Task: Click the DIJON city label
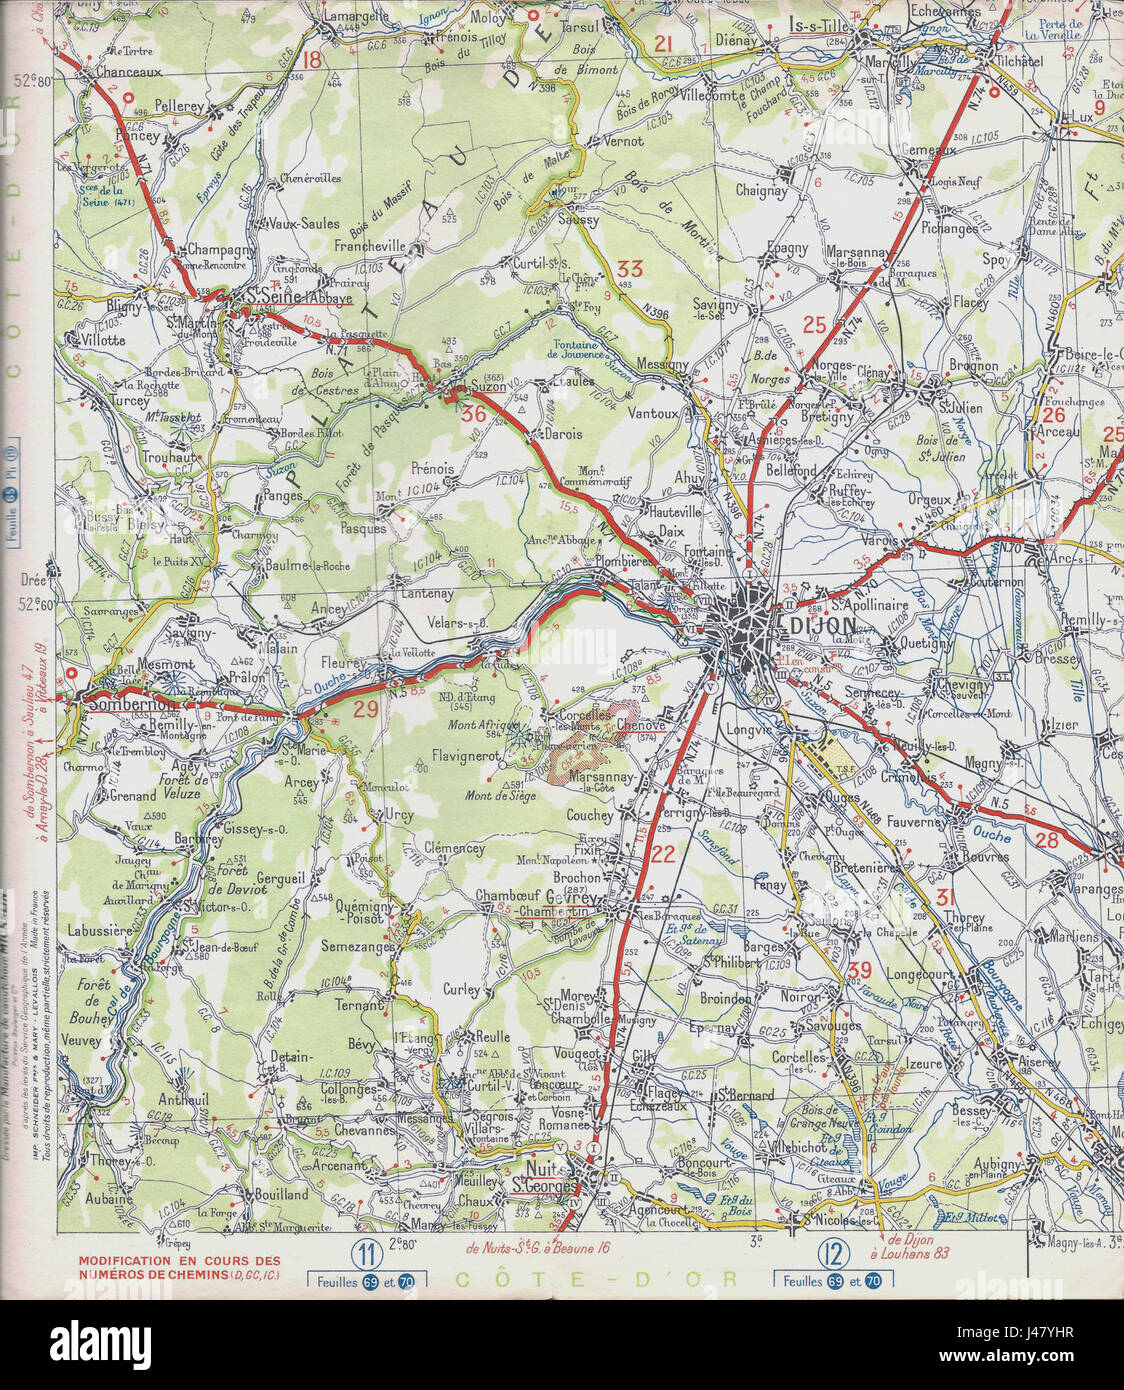(x=825, y=625)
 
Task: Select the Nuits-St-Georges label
(x=551, y=1177)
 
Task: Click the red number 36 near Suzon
(x=474, y=413)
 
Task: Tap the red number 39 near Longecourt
(x=858, y=969)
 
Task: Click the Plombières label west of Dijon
(x=623, y=562)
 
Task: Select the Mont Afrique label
(x=482, y=725)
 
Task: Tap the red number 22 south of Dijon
(x=662, y=853)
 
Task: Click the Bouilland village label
(x=281, y=1194)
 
